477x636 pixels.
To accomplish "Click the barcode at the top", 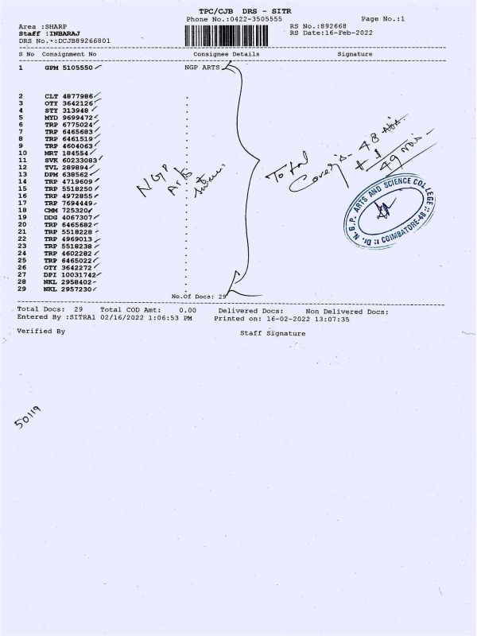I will point(235,35).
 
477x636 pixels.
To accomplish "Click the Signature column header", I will point(355,53).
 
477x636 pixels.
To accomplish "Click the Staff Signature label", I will point(273,334).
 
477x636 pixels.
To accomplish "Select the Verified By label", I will point(41,330).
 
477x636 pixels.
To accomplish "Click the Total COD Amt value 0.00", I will point(188,310).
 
